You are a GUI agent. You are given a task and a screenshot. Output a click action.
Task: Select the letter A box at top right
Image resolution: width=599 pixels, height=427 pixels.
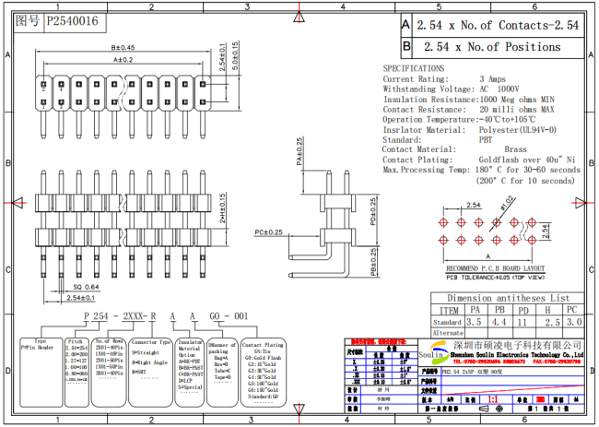point(407,25)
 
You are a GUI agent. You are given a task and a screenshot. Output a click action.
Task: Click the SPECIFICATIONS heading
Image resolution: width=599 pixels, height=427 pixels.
point(414,68)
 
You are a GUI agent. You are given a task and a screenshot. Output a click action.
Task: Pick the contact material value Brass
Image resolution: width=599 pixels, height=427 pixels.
point(515,148)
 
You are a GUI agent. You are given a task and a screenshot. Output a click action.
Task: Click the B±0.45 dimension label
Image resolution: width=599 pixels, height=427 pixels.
point(123,47)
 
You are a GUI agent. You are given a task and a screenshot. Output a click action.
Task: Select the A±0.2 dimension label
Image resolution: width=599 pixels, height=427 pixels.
point(123,60)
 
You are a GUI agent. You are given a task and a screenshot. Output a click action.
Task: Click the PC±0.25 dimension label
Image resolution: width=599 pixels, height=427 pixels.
point(267,231)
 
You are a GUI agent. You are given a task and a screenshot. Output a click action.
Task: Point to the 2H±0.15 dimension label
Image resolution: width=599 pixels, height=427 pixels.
point(220,208)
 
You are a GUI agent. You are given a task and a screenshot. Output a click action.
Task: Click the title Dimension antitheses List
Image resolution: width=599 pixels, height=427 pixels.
point(507,298)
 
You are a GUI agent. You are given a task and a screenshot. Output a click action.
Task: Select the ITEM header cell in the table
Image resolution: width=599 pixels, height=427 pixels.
point(448,311)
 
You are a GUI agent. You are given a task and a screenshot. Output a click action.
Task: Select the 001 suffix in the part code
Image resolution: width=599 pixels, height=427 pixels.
point(241,314)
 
